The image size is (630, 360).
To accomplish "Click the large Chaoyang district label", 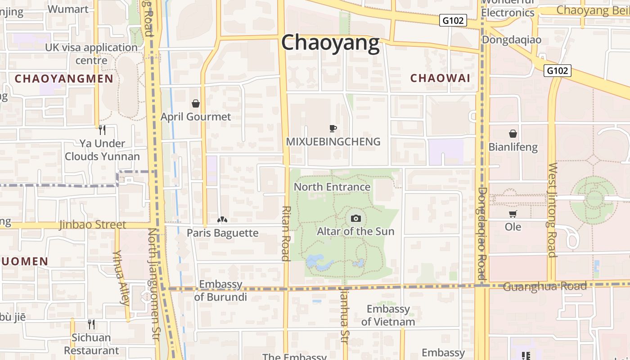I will [330, 43].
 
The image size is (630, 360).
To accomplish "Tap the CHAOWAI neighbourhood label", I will [440, 78].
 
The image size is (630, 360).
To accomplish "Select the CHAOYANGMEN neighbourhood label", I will [64, 79].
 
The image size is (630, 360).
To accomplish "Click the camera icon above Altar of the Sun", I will [356, 218].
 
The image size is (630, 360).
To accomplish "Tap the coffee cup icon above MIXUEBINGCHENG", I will [333, 129].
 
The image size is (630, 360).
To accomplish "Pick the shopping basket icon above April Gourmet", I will [196, 104].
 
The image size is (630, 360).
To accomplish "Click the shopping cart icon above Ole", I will [513, 214].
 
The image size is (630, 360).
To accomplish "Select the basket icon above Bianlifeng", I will [513, 134].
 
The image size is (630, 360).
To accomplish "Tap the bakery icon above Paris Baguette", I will [222, 220].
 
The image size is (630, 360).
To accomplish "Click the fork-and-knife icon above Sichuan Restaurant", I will [91, 324].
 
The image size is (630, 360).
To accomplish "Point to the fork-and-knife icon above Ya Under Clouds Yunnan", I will [102, 130].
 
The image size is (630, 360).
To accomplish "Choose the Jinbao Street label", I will [92, 225].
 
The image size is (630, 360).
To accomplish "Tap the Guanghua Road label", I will [544, 286].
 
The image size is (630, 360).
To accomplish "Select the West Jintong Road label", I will [552, 210].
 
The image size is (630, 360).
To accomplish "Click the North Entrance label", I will [332, 187].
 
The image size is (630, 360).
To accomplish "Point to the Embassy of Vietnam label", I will [388, 315].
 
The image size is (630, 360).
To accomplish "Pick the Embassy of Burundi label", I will [220, 291].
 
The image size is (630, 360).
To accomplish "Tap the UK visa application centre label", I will [91, 54].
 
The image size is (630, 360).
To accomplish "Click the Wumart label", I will [68, 9].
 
